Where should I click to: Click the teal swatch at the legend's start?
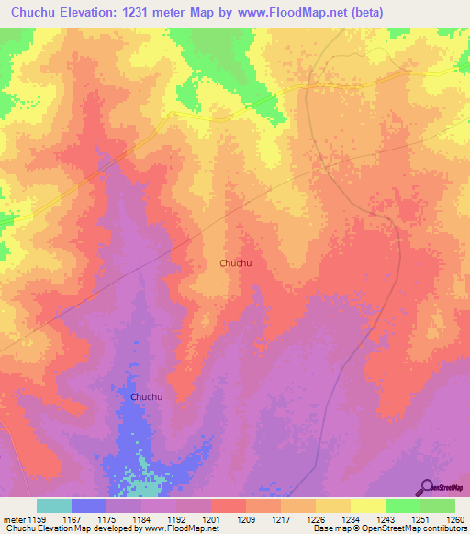tap(54, 506)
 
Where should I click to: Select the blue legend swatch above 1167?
tap(89, 506)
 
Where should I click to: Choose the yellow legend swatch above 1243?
tap(368, 506)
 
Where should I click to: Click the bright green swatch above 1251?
tap(403, 506)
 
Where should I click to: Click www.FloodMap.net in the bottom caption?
tap(174, 528)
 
